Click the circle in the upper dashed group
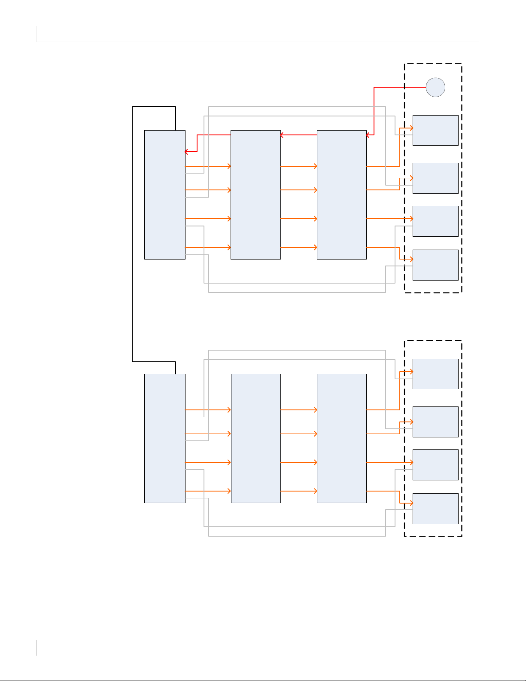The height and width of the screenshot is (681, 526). pyautogui.click(x=435, y=87)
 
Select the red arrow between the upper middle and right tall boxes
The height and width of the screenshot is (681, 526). pyautogui.click(x=298, y=135)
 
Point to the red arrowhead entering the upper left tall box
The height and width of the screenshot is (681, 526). pyautogui.click(x=186, y=152)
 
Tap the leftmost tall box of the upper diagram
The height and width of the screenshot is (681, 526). pyautogui.click(x=165, y=195)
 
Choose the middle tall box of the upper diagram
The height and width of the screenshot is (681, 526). pyautogui.click(x=255, y=195)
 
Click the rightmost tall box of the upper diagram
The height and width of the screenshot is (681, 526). pyautogui.click(x=341, y=195)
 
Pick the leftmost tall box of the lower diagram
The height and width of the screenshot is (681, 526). pyautogui.click(x=165, y=438)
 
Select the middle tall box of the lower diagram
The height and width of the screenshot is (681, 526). pyautogui.click(x=255, y=438)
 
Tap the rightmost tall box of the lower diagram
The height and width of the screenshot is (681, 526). pyautogui.click(x=341, y=438)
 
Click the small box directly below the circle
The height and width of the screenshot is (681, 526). pyautogui.click(x=435, y=130)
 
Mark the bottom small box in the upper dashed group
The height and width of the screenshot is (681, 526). pyautogui.click(x=435, y=265)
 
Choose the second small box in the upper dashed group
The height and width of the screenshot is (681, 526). pyautogui.click(x=435, y=178)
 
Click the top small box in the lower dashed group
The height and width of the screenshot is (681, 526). pyautogui.click(x=435, y=374)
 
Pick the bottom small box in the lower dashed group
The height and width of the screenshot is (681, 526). pyautogui.click(x=435, y=508)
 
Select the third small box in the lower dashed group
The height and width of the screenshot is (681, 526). pyautogui.click(x=435, y=464)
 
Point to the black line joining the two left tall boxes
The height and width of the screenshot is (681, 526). pyautogui.click(x=133, y=234)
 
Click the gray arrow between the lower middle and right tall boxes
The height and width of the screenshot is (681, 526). pyautogui.click(x=298, y=434)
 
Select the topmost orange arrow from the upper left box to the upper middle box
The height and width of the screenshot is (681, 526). pyautogui.click(x=208, y=166)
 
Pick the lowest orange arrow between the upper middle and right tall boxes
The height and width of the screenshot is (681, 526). pyautogui.click(x=298, y=247)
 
